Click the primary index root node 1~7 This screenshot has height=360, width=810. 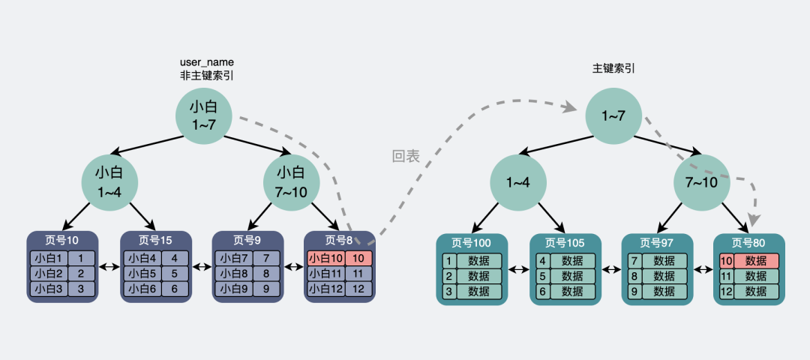613,115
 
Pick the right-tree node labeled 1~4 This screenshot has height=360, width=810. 519,182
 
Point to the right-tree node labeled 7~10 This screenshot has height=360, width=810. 702,182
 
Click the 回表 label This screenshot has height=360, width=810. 406,156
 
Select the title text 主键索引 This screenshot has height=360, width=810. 613,67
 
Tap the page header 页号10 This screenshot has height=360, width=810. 62,240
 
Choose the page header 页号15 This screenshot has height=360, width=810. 156,240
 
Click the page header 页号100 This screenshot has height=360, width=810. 472,243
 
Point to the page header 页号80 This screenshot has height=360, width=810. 748,243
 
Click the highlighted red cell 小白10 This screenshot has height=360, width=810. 325,258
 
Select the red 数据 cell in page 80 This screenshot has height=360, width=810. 756,261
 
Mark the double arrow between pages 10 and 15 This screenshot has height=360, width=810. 109,267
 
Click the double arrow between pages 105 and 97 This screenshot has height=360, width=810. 612,269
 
